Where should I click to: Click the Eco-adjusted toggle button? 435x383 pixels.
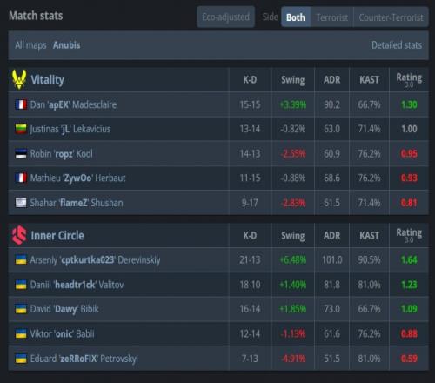pyautogui.click(x=226, y=17)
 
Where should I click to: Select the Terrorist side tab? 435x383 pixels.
pyautogui.click(x=332, y=17)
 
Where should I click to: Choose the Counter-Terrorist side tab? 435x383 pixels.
pyautogui.click(x=391, y=17)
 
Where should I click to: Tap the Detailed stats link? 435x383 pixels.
pyautogui.click(x=397, y=45)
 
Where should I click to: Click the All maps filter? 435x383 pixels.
pyautogui.click(x=30, y=45)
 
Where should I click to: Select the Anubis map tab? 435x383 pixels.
pyautogui.click(x=67, y=45)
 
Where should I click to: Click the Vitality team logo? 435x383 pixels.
pyautogui.click(x=19, y=79)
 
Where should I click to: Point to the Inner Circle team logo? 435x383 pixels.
pyautogui.click(x=19, y=235)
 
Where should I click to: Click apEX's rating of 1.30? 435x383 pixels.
pyautogui.click(x=409, y=104)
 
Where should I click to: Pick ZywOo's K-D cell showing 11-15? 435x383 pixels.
pyautogui.click(x=250, y=178)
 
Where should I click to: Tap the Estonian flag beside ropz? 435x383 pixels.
pyautogui.click(x=21, y=154)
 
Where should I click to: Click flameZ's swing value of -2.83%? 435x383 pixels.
pyautogui.click(x=293, y=203)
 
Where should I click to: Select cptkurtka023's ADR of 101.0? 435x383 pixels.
pyautogui.click(x=332, y=259)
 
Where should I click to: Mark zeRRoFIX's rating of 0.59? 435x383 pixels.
pyautogui.click(x=409, y=359)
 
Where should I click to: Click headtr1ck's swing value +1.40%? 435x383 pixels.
pyautogui.click(x=293, y=285)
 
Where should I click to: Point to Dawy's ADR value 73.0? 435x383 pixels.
pyautogui.click(x=332, y=309)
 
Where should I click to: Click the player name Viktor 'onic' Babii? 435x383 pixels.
pyautogui.click(x=62, y=333)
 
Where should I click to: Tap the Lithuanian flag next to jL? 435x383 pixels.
pyautogui.click(x=21, y=129)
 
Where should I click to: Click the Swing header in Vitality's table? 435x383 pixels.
pyautogui.click(x=293, y=80)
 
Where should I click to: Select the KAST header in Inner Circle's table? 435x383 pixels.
pyautogui.click(x=369, y=235)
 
